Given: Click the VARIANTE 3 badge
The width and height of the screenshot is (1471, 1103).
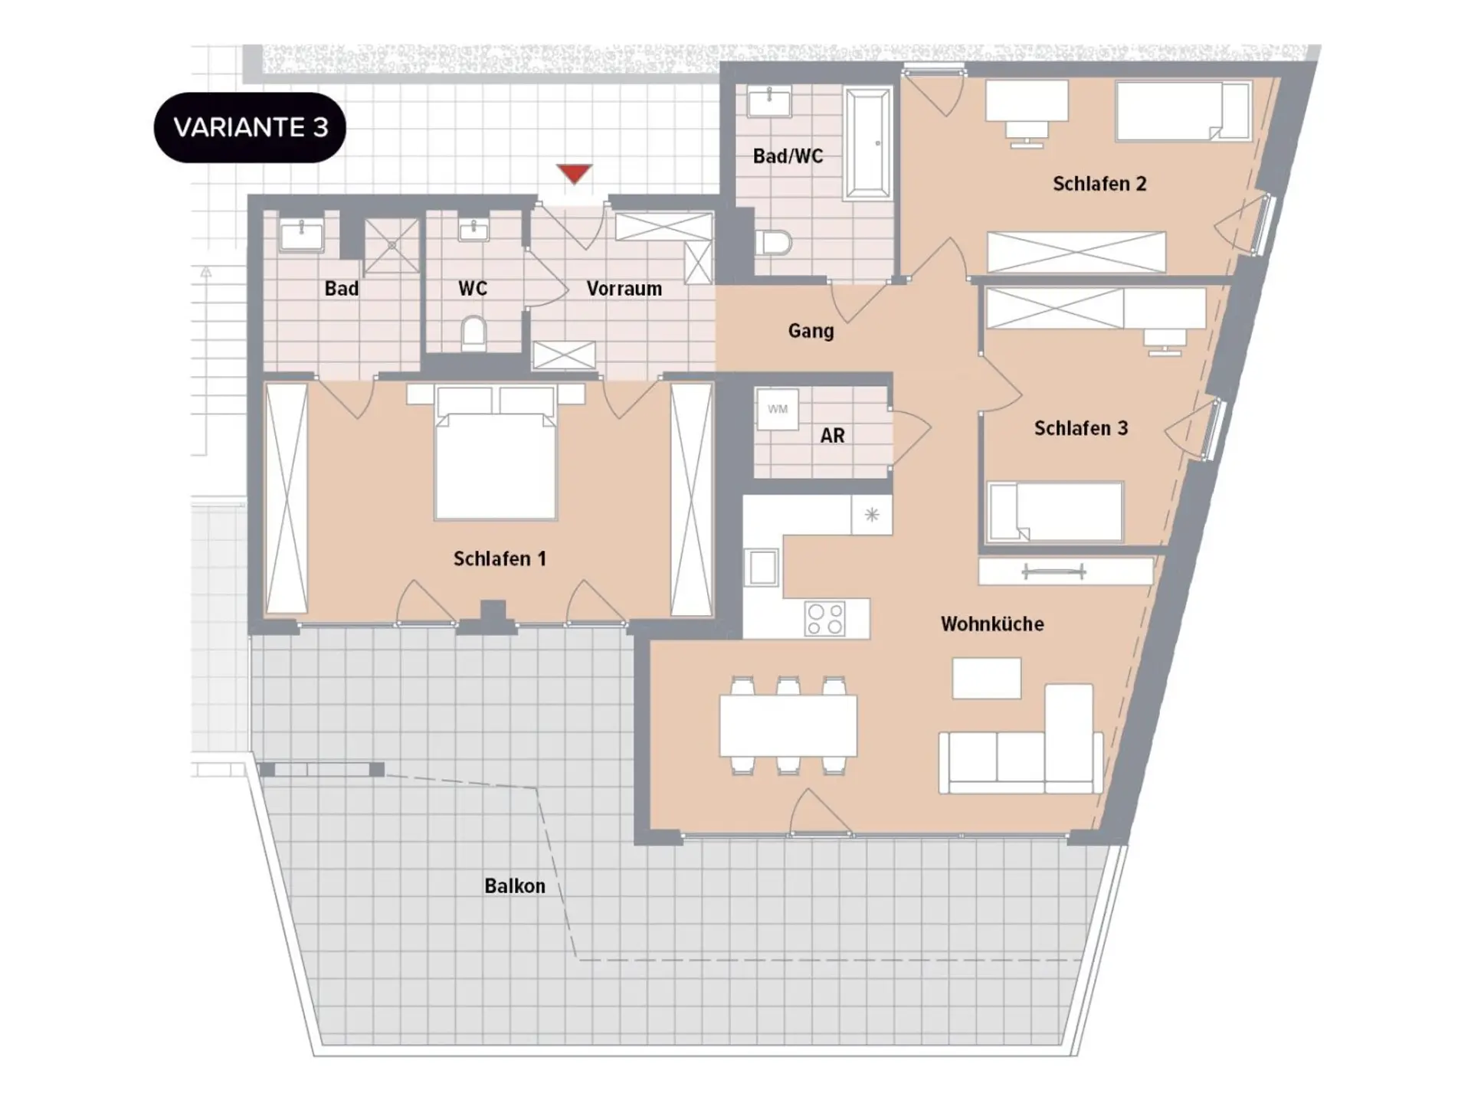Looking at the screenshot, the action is tap(250, 127).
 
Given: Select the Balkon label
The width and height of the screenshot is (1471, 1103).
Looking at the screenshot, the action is tap(515, 886).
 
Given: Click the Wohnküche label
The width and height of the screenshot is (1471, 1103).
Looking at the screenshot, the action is tap(992, 624).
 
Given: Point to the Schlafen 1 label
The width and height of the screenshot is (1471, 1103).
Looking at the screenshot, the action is tap(500, 559).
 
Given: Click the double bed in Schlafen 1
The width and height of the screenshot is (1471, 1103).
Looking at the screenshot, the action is tap(496, 453).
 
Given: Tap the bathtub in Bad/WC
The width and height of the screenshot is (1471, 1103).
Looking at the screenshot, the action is tap(867, 144).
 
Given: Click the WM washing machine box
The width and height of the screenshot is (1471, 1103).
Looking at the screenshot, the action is tap(777, 409).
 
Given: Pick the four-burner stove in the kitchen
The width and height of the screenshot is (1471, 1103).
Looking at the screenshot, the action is tap(824, 619).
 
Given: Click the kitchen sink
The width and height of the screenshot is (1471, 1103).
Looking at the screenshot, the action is tap(762, 568).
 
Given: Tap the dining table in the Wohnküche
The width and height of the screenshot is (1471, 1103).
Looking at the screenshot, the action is tap(788, 725).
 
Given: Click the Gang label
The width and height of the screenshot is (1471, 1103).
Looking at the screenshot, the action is tap(811, 331).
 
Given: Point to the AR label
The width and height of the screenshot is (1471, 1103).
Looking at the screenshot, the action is tap(832, 436).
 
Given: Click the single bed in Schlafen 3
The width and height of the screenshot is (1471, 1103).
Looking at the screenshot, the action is tap(1055, 512).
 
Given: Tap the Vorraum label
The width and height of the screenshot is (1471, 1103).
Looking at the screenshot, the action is tap(624, 289).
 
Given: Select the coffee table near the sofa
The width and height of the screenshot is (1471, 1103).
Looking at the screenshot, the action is tap(987, 678).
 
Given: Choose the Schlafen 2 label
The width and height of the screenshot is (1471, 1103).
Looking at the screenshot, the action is tap(1099, 184).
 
